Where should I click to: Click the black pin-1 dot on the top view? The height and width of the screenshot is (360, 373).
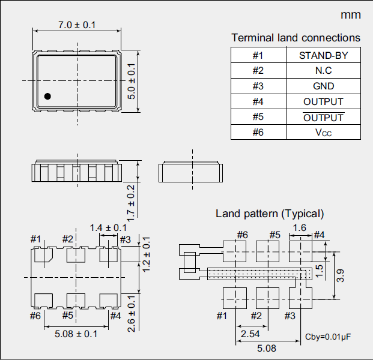point(47,96)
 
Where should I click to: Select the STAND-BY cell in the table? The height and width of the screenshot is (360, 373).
point(323,55)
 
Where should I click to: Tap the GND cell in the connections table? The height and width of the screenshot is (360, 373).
point(323,86)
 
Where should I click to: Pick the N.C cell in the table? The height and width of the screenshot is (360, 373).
point(323,70)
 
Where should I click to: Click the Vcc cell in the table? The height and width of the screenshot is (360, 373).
point(323,132)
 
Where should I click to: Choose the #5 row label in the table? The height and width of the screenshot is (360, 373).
point(258,117)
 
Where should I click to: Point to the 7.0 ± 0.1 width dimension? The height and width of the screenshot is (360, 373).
point(76,25)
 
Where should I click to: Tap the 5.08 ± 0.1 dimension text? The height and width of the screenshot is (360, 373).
point(76,334)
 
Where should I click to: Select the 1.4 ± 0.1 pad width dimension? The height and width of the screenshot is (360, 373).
point(108,227)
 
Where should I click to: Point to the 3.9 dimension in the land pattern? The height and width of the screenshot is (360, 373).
point(340,276)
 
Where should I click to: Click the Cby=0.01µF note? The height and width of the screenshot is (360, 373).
point(328,337)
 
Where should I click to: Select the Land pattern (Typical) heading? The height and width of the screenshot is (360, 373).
point(270,213)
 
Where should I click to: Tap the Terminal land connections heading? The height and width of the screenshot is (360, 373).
point(296,38)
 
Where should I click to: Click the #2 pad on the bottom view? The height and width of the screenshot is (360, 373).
point(76,256)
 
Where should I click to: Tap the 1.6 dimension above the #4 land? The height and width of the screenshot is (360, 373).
point(300,227)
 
